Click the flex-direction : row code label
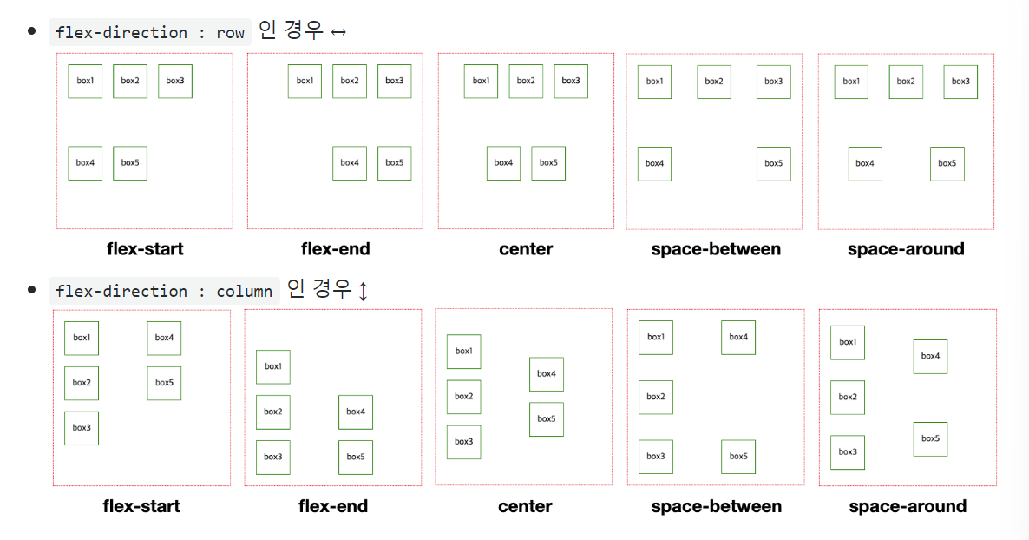[x=150, y=32]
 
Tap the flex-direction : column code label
[x=164, y=291]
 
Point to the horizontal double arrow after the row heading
[x=338, y=33]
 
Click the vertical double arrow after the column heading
[x=363, y=291]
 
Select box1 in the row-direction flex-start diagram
[x=85, y=81]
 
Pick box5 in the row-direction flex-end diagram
[x=394, y=162]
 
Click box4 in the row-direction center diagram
[x=503, y=162]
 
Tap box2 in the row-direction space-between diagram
[x=714, y=82]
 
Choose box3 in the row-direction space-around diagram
[x=960, y=82]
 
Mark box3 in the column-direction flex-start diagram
[x=82, y=427]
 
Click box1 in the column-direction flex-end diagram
[x=272, y=366]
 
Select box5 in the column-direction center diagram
[x=546, y=418]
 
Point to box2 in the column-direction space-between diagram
[x=656, y=397]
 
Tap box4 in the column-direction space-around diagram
[x=930, y=356]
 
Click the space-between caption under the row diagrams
[x=716, y=249]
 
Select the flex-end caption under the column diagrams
[x=333, y=506]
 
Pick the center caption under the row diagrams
[x=526, y=249]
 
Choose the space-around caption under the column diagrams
[x=908, y=506]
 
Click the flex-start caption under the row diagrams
[x=145, y=249]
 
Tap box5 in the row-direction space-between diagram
[x=773, y=163]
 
